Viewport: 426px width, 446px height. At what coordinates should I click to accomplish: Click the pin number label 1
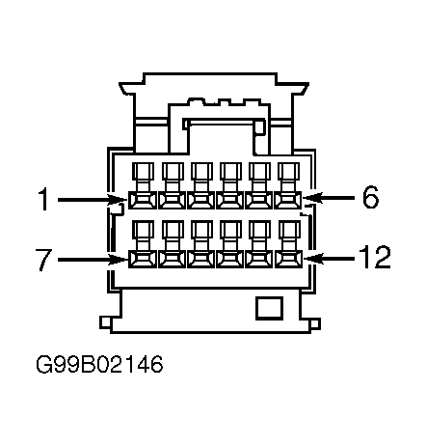pyautogui.click(x=43, y=200)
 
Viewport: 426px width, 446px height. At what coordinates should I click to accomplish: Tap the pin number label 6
pyautogui.click(x=370, y=197)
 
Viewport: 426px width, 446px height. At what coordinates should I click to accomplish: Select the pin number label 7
pyautogui.click(x=43, y=260)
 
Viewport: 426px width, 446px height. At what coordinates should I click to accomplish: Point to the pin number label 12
pyautogui.click(x=375, y=257)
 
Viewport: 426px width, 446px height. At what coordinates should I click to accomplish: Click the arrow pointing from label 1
pyautogui.click(x=93, y=200)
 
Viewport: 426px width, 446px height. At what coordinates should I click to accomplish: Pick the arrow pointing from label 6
pyautogui.click(x=329, y=197)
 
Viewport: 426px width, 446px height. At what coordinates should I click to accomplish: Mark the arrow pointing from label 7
pyautogui.click(x=93, y=260)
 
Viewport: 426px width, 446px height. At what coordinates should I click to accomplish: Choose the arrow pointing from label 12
pyautogui.click(x=329, y=258)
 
